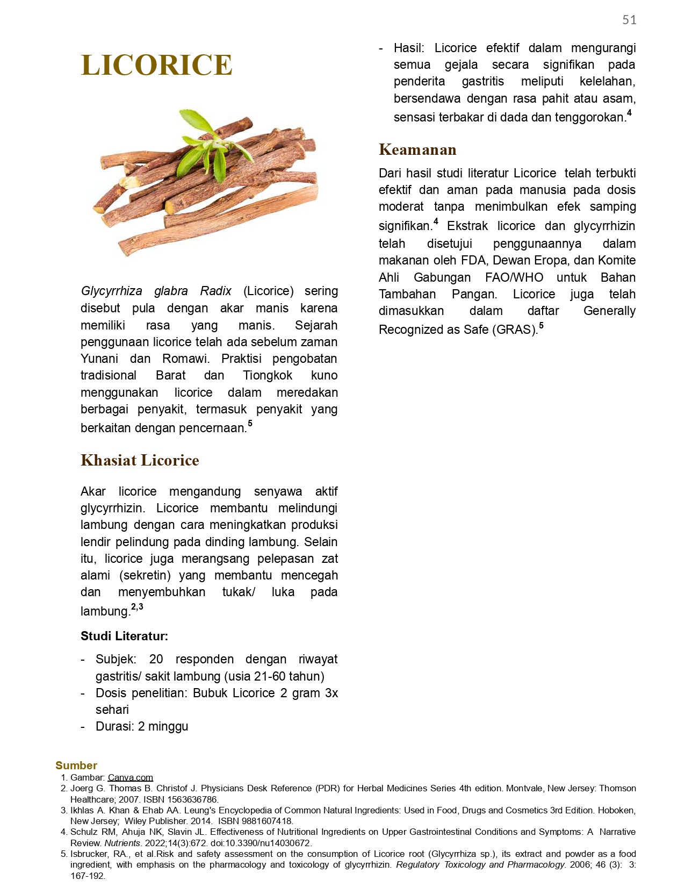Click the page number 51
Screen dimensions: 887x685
point(629,20)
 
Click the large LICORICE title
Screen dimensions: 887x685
point(156,66)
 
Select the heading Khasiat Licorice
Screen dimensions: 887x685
point(140,460)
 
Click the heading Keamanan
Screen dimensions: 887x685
point(417,149)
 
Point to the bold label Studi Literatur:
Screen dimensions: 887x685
point(124,636)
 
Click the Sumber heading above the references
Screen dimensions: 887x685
point(76,766)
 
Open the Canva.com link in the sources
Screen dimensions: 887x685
point(130,777)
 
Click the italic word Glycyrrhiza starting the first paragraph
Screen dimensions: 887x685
point(111,291)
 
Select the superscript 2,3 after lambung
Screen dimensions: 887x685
point(137,607)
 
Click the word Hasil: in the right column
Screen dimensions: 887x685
point(409,48)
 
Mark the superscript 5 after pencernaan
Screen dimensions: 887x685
point(250,424)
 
